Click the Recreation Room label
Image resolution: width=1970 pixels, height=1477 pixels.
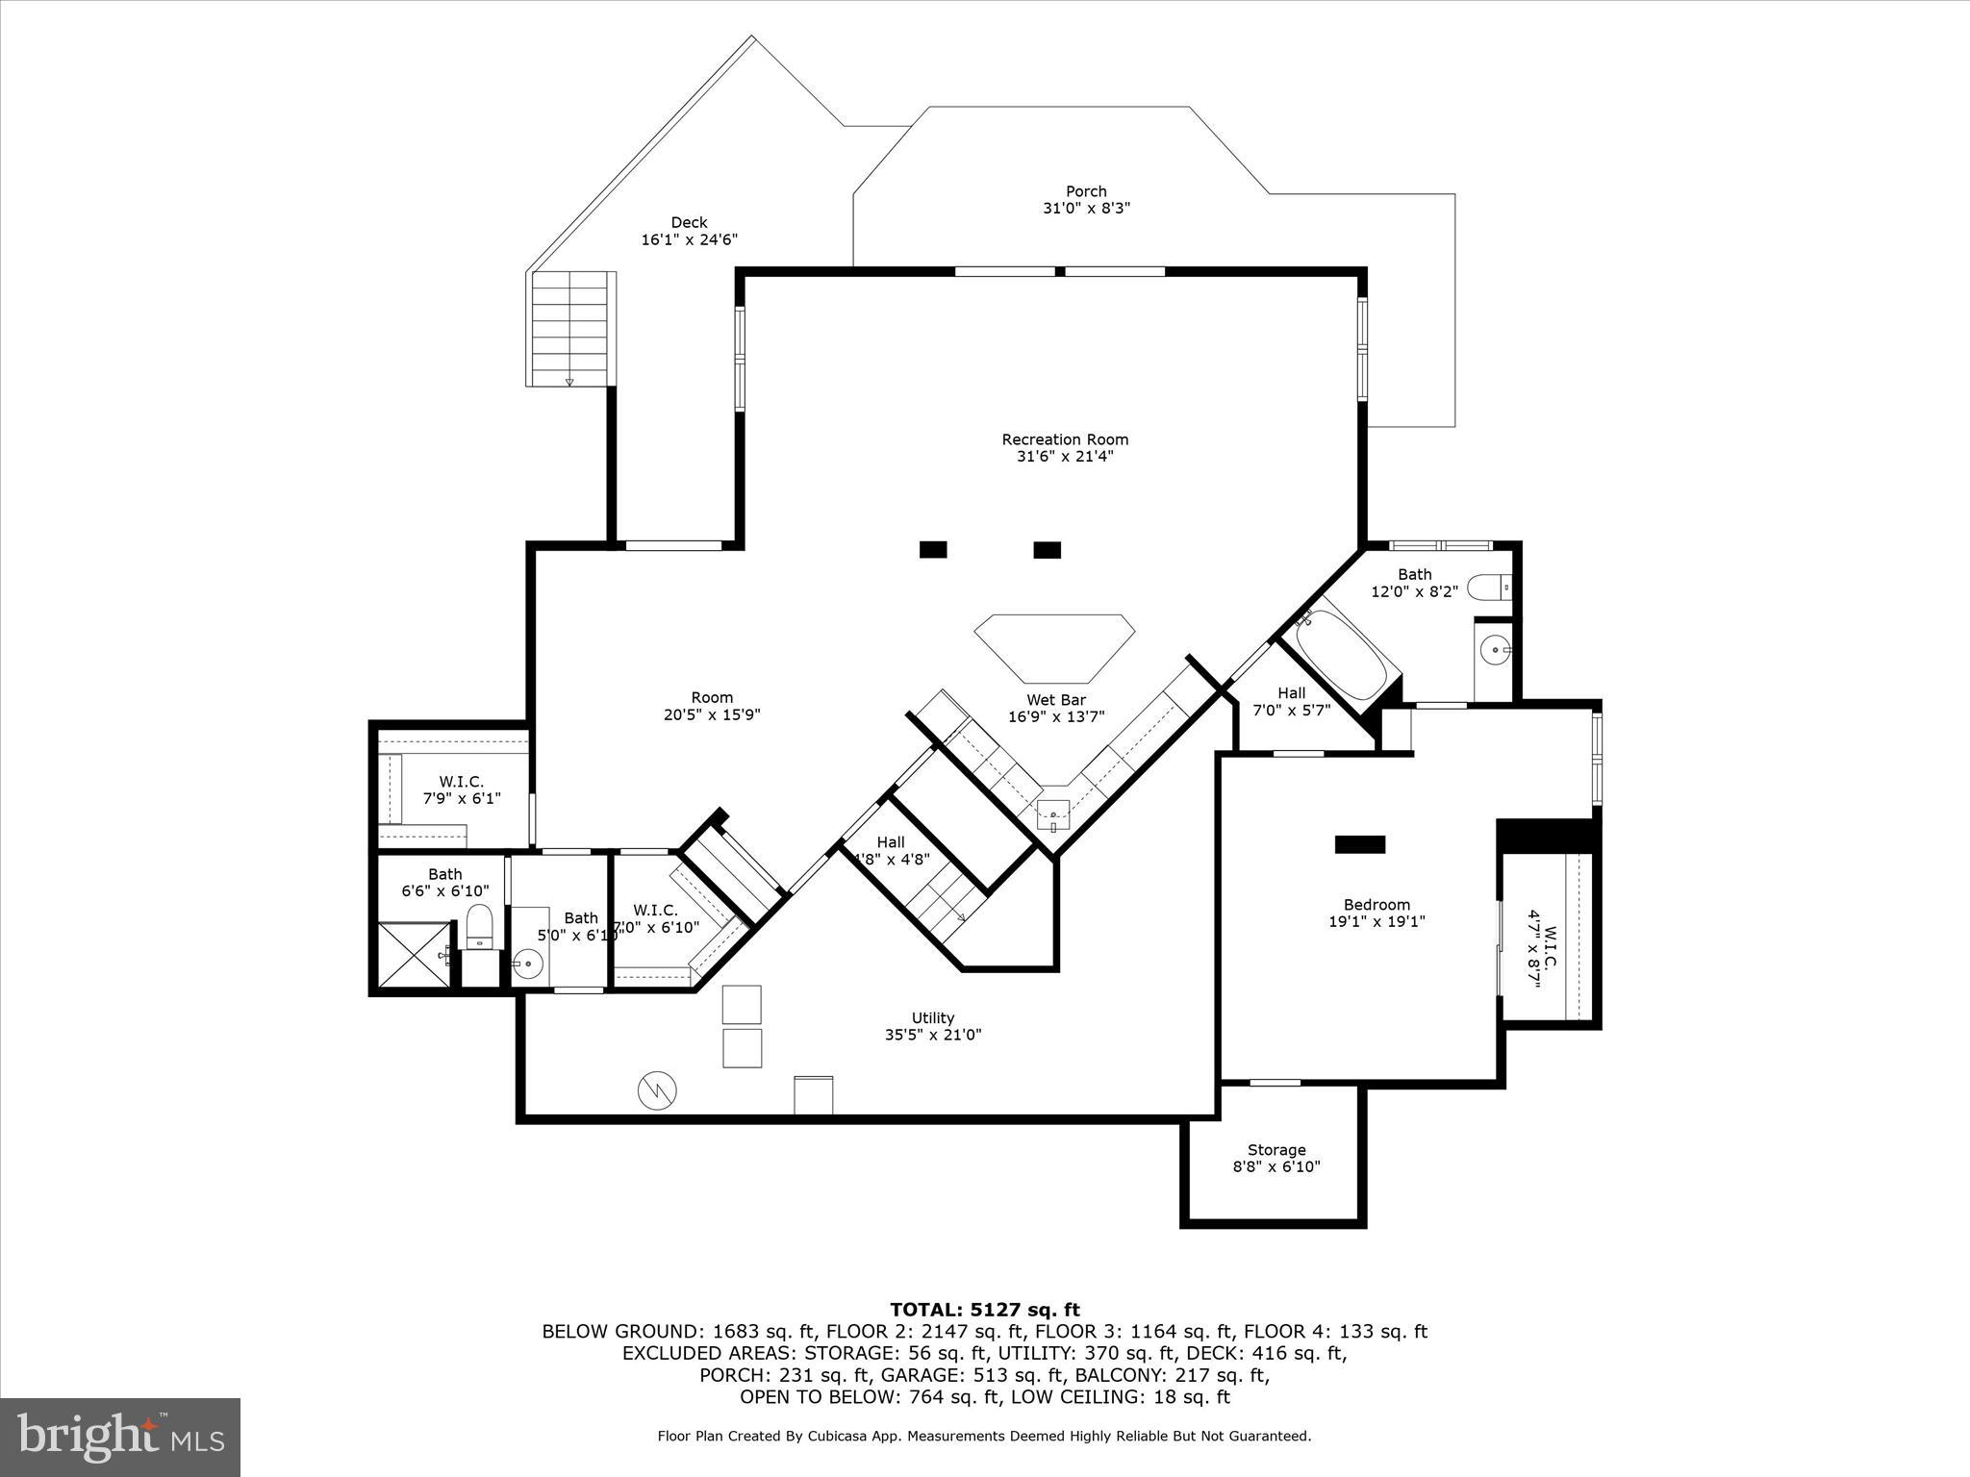(1065, 439)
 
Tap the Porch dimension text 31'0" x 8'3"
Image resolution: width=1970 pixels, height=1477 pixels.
(1086, 208)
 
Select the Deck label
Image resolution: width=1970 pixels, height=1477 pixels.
(689, 223)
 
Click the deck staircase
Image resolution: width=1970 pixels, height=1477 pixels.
(571, 328)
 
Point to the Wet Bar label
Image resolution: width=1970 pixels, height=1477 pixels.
(1055, 700)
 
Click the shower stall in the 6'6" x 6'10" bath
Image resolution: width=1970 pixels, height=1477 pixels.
(414, 954)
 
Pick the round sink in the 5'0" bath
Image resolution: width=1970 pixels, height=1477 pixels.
(527, 962)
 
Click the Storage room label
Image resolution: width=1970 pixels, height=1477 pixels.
(1275, 1150)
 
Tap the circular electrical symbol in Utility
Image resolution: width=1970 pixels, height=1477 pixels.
(657, 1089)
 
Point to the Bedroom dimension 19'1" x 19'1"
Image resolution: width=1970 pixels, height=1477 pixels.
(1376, 921)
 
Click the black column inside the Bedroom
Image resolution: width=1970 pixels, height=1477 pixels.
(1359, 844)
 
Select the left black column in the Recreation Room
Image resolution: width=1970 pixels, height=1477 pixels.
(932, 550)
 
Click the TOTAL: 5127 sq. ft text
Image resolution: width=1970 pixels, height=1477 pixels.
(984, 1310)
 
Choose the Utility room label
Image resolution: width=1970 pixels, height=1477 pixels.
(932, 1018)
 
